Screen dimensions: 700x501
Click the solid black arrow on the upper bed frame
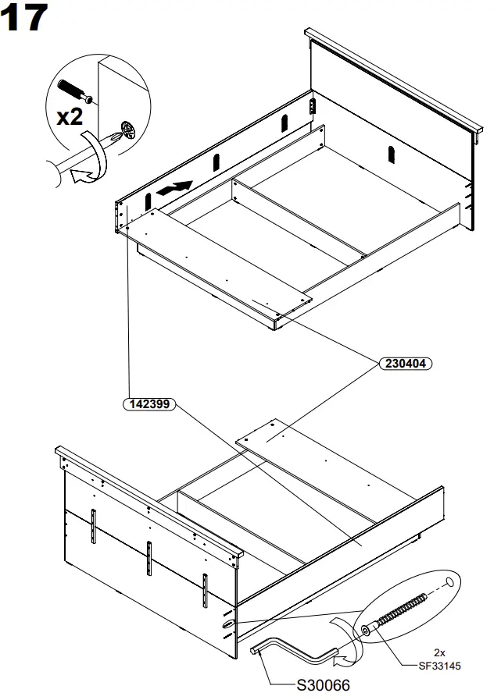tap(174, 188)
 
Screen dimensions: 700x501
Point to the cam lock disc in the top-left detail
tap(126, 129)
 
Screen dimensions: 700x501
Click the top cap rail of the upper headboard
tap(391, 78)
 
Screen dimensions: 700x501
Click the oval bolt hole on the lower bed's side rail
tap(227, 624)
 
